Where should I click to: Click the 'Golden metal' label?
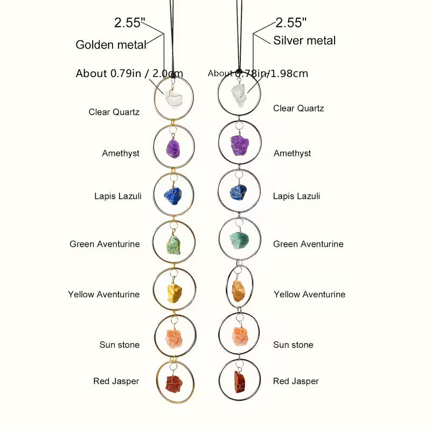(x=111, y=45)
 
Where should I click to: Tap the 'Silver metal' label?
(x=304, y=40)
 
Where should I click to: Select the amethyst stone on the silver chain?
(x=239, y=145)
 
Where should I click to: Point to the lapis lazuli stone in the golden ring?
(x=173, y=196)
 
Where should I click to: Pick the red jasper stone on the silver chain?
(x=239, y=381)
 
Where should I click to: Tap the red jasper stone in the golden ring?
(x=174, y=384)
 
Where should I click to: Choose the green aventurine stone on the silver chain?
(x=239, y=241)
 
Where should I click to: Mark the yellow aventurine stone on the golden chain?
(x=175, y=293)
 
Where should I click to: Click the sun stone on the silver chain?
(x=240, y=336)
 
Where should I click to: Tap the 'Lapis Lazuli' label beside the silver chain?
(x=296, y=196)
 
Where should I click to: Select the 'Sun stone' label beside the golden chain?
(x=119, y=345)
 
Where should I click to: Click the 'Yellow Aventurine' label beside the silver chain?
(x=309, y=294)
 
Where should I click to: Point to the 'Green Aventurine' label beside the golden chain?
(x=105, y=244)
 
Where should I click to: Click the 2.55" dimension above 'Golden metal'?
(x=129, y=23)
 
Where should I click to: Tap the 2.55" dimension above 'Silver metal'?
(x=291, y=23)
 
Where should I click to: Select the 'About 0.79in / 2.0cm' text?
(x=129, y=73)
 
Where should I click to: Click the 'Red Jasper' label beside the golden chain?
(x=116, y=381)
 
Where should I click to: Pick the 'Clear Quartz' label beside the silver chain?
(x=298, y=108)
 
